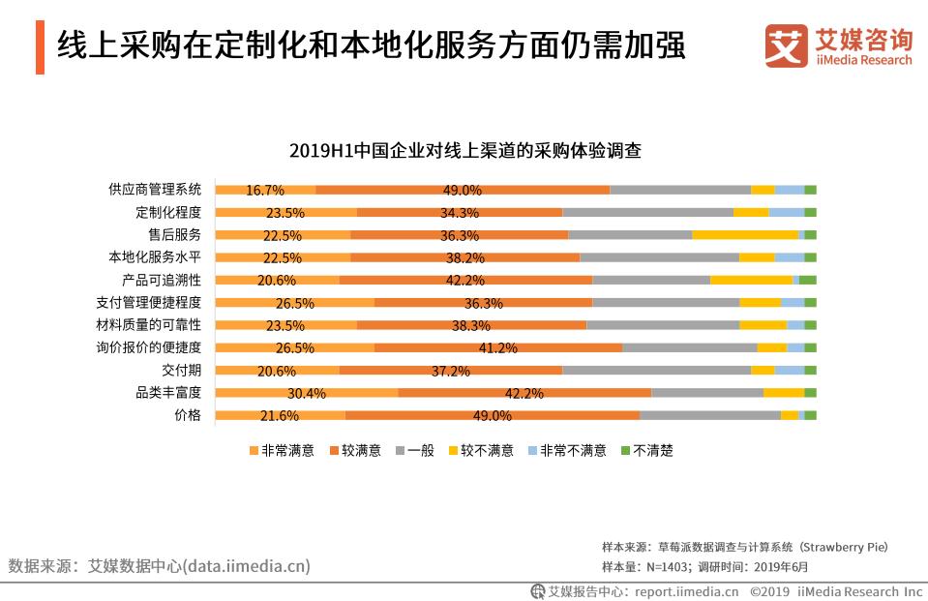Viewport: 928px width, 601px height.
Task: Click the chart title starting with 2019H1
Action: coord(464,151)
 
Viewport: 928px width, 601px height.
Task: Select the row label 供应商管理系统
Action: coord(155,189)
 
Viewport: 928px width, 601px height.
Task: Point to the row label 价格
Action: coord(188,414)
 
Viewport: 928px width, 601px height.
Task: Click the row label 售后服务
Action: coord(175,234)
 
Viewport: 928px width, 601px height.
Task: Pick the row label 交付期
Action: coord(181,370)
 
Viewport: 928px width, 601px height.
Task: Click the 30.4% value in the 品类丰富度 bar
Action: coord(306,393)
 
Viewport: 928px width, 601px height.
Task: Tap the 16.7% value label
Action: coord(264,190)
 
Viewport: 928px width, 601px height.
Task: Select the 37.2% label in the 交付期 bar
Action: coord(450,371)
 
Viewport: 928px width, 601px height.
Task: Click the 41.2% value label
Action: coord(498,347)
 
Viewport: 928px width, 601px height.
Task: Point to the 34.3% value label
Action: coord(459,213)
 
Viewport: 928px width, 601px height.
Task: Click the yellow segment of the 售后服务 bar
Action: coord(744,234)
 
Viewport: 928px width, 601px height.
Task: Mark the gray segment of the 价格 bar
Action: coord(709,415)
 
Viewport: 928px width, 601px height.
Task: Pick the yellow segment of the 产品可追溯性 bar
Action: coord(751,280)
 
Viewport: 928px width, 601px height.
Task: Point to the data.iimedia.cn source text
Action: coord(247,566)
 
